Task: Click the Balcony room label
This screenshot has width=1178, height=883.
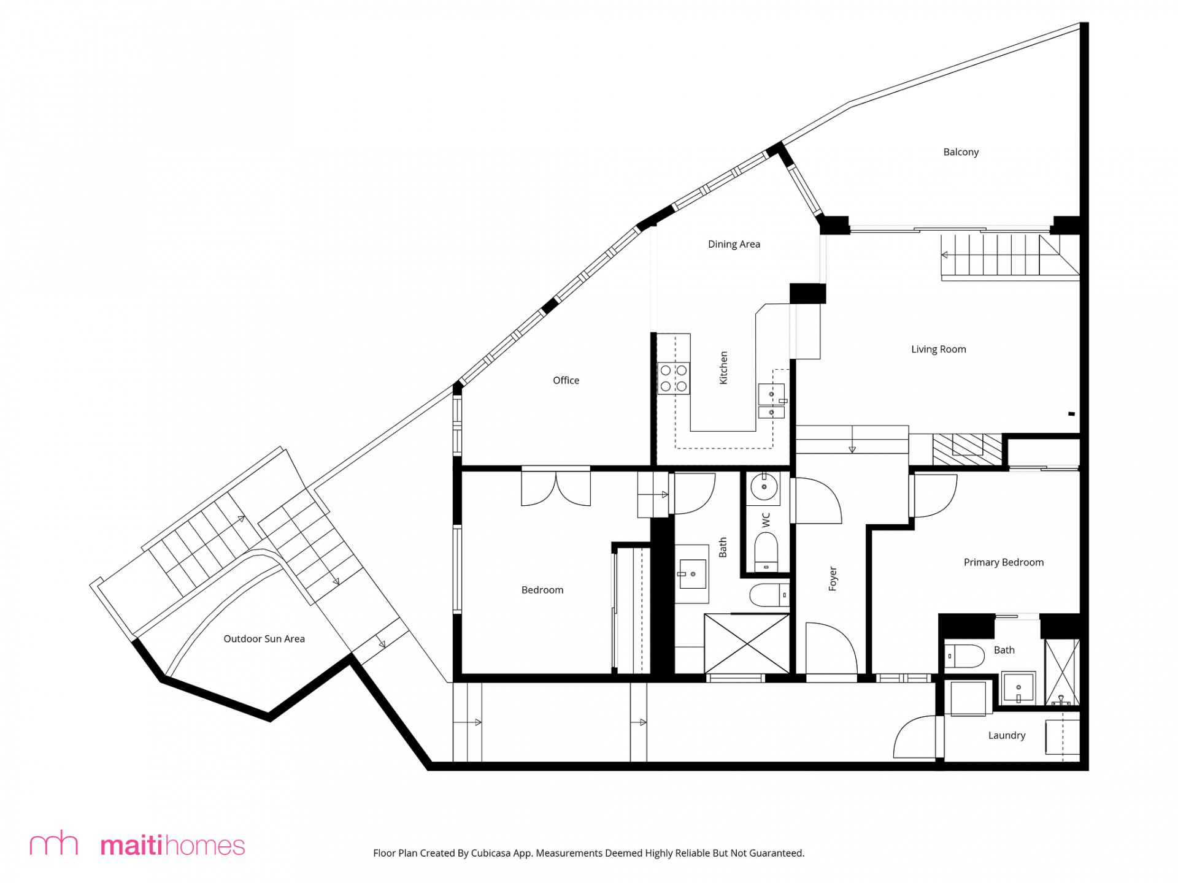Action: (x=961, y=152)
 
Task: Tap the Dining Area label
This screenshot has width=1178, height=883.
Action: (x=734, y=244)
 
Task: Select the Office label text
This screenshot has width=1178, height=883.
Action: (x=566, y=380)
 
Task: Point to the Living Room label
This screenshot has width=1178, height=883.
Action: (x=938, y=350)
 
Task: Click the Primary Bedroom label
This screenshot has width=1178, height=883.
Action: (x=1003, y=562)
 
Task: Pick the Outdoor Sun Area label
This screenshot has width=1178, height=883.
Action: (x=264, y=639)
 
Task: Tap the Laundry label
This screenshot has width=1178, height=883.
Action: (x=1007, y=735)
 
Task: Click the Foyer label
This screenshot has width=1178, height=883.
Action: (x=833, y=578)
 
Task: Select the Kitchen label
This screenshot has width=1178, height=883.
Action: (x=723, y=368)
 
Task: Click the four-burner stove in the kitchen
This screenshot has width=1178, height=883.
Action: (x=674, y=378)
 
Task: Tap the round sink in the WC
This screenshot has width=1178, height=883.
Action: (x=764, y=487)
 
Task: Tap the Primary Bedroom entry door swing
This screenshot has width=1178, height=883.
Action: (x=933, y=495)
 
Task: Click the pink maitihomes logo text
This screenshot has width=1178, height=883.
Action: (x=172, y=846)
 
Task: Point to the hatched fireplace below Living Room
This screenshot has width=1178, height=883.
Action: (x=967, y=449)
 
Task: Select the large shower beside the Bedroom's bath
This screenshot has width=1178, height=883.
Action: (x=747, y=644)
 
